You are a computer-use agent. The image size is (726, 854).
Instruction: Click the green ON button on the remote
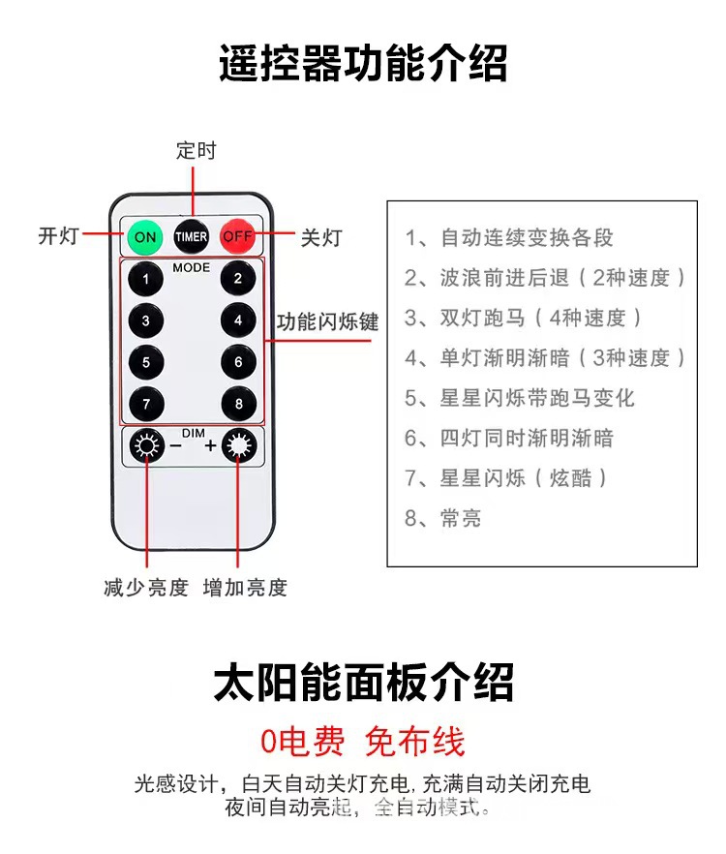click(144, 236)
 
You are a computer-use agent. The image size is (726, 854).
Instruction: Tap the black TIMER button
click(191, 236)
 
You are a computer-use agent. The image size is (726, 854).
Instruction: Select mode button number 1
click(146, 281)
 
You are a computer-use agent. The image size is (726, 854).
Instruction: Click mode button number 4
click(237, 320)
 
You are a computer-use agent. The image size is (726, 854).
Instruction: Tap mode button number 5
click(146, 362)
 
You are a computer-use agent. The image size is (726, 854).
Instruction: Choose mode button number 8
click(237, 403)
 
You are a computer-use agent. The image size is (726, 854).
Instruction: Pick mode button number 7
click(146, 403)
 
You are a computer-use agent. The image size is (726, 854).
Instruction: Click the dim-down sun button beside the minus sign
click(147, 446)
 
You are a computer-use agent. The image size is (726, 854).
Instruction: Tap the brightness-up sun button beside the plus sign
click(238, 446)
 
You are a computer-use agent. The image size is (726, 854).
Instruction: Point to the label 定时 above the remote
click(197, 151)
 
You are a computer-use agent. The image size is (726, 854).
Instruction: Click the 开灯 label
click(58, 235)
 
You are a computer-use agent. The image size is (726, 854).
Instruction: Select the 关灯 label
click(320, 237)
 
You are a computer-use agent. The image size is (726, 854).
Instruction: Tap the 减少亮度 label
click(146, 588)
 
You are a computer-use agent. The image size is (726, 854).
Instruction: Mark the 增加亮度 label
click(245, 588)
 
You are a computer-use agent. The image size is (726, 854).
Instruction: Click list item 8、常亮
click(443, 518)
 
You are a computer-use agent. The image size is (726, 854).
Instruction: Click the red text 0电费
click(302, 742)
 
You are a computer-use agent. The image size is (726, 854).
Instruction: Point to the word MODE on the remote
click(191, 266)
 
